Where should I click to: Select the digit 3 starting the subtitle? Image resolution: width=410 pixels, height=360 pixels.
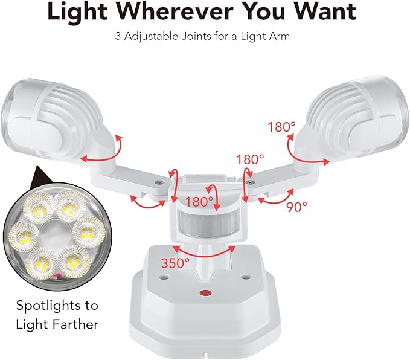[x=118, y=36]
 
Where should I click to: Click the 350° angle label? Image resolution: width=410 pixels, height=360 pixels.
[x=175, y=263]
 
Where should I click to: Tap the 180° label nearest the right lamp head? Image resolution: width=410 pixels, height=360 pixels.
[x=282, y=127]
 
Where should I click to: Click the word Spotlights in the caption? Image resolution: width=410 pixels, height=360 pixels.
[x=57, y=305]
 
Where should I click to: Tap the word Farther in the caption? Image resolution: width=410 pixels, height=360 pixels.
[x=74, y=324]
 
